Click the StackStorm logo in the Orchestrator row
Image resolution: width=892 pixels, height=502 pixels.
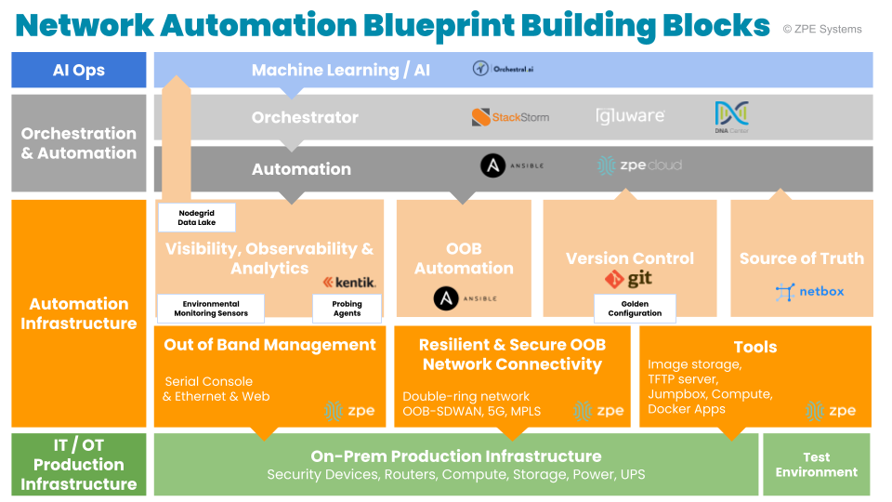coord(510,117)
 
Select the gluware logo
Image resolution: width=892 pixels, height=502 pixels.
coord(631,116)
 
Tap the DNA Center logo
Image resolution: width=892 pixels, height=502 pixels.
coord(732,117)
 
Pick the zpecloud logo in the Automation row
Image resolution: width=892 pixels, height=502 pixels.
coord(639,165)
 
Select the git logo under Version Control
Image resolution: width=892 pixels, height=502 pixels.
coord(629,279)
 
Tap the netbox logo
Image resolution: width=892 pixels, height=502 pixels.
coord(809,292)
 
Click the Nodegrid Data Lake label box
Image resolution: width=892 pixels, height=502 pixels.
coord(196,218)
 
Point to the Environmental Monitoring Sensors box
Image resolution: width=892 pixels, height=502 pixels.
coord(210,309)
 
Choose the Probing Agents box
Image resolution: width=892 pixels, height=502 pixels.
coord(347,309)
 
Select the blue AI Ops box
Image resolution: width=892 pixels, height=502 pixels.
coord(79,70)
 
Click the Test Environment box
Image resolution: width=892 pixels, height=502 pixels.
coord(817,464)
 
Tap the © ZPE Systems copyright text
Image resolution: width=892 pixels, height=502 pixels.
coord(822,29)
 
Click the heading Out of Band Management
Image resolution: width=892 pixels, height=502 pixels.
coord(269,345)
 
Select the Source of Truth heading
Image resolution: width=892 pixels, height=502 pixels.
coord(801,258)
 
